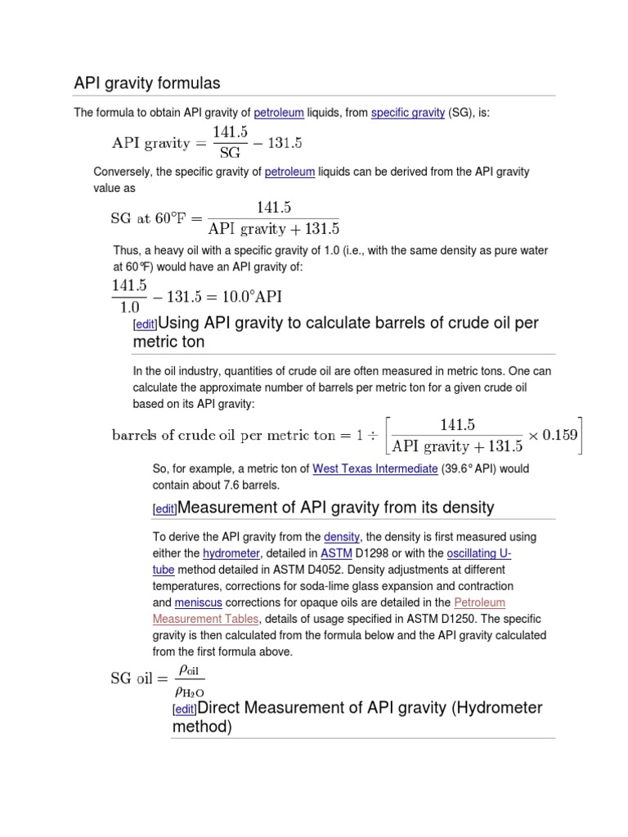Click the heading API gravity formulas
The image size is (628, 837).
coord(147,83)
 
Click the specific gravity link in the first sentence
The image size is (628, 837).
coord(407,113)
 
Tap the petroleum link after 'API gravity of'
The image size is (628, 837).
coord(279,113)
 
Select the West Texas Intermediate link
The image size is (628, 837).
coord(375,469)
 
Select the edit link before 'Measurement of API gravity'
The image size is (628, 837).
coord(164,509)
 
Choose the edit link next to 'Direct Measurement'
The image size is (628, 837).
coord(185,709)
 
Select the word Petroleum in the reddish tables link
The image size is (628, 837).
coord(480,602)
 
